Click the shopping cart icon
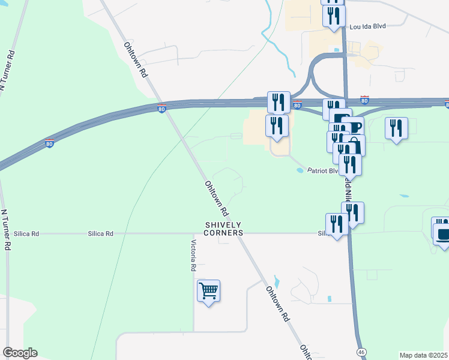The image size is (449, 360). [x=208, y=291]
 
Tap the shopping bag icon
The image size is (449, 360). [x=354, y=145]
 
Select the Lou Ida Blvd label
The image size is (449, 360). [x=366, y=26]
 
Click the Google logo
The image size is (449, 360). [x=20, y=353]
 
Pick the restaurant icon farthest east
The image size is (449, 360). [x=396, y=128]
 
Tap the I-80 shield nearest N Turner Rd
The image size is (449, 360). [x=50, y=143]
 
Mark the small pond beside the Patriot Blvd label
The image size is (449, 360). [x=300, y=170]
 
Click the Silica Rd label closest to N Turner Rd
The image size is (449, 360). [x=27, y=233]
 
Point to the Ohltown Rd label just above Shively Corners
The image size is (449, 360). [x=217, y=199]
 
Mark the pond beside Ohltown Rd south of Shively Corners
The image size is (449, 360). [x=277, y=281]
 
